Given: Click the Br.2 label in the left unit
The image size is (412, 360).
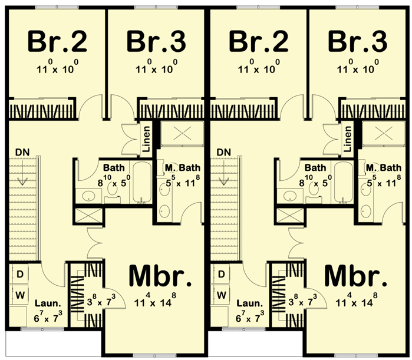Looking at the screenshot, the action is point(57,41).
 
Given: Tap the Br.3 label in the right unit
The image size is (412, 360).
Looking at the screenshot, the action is point(357,41).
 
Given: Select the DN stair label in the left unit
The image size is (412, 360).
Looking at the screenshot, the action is point(22,152).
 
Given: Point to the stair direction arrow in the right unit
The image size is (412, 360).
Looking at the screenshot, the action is point(223,173).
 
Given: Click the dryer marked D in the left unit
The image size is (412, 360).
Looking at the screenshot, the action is point(20,275).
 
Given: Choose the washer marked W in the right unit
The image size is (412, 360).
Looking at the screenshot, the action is point(221,295).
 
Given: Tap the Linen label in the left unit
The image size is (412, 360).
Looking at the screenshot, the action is point(146,139).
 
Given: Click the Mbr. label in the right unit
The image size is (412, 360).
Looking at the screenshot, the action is point(356,276).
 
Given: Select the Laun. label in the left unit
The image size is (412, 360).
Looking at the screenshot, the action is point(48,304).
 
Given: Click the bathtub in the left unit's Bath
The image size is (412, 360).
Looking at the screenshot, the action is point(142,182).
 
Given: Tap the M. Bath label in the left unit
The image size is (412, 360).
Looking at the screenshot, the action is point(182,167).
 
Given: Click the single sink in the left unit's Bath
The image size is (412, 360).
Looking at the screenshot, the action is point(88,196).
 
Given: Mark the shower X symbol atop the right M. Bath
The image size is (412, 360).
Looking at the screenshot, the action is point(383,134).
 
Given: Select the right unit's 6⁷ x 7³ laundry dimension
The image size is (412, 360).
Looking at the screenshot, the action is point(250,316).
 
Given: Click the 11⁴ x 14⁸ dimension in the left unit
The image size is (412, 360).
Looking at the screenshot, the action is point(155,300).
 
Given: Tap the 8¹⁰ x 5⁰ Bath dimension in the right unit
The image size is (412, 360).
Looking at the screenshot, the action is point(315,181).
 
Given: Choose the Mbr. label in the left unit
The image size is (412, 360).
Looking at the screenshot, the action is point(160,276).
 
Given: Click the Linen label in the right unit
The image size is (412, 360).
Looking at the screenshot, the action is point(347,139).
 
